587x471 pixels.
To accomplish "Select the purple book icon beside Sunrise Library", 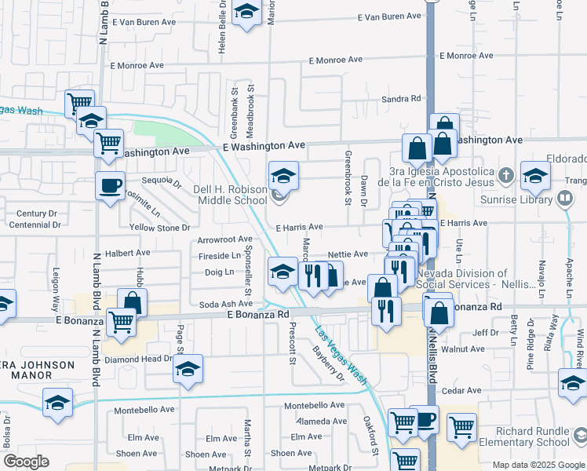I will coord(564,198).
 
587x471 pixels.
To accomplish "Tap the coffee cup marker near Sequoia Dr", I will coord(110,186).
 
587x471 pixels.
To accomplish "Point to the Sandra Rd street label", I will coord(401,99).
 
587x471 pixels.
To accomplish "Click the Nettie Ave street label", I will coord(348,254).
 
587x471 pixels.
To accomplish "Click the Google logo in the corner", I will coord(26,461).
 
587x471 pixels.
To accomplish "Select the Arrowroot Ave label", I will coord(225,239).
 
